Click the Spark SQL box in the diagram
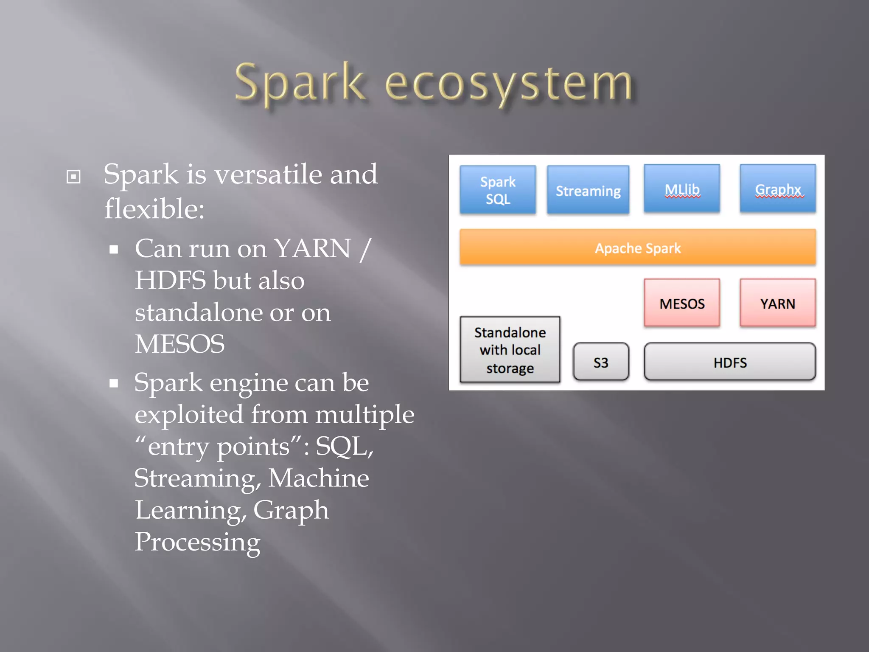pos(497,189)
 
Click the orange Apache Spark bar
pos(637,247)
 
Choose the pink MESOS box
pos(681,303)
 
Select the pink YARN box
pos(777,303)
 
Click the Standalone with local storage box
pos(510,350)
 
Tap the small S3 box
pos(600,362)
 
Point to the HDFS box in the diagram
pos(729,362)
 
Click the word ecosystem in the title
pos(508,84)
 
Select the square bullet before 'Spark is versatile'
pos(73,177)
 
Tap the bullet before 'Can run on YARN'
pos(113,250)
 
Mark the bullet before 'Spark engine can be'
pos(113,384)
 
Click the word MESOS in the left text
pos(179,344)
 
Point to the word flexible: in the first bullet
pos(154,209)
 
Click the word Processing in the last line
pos(197,542)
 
